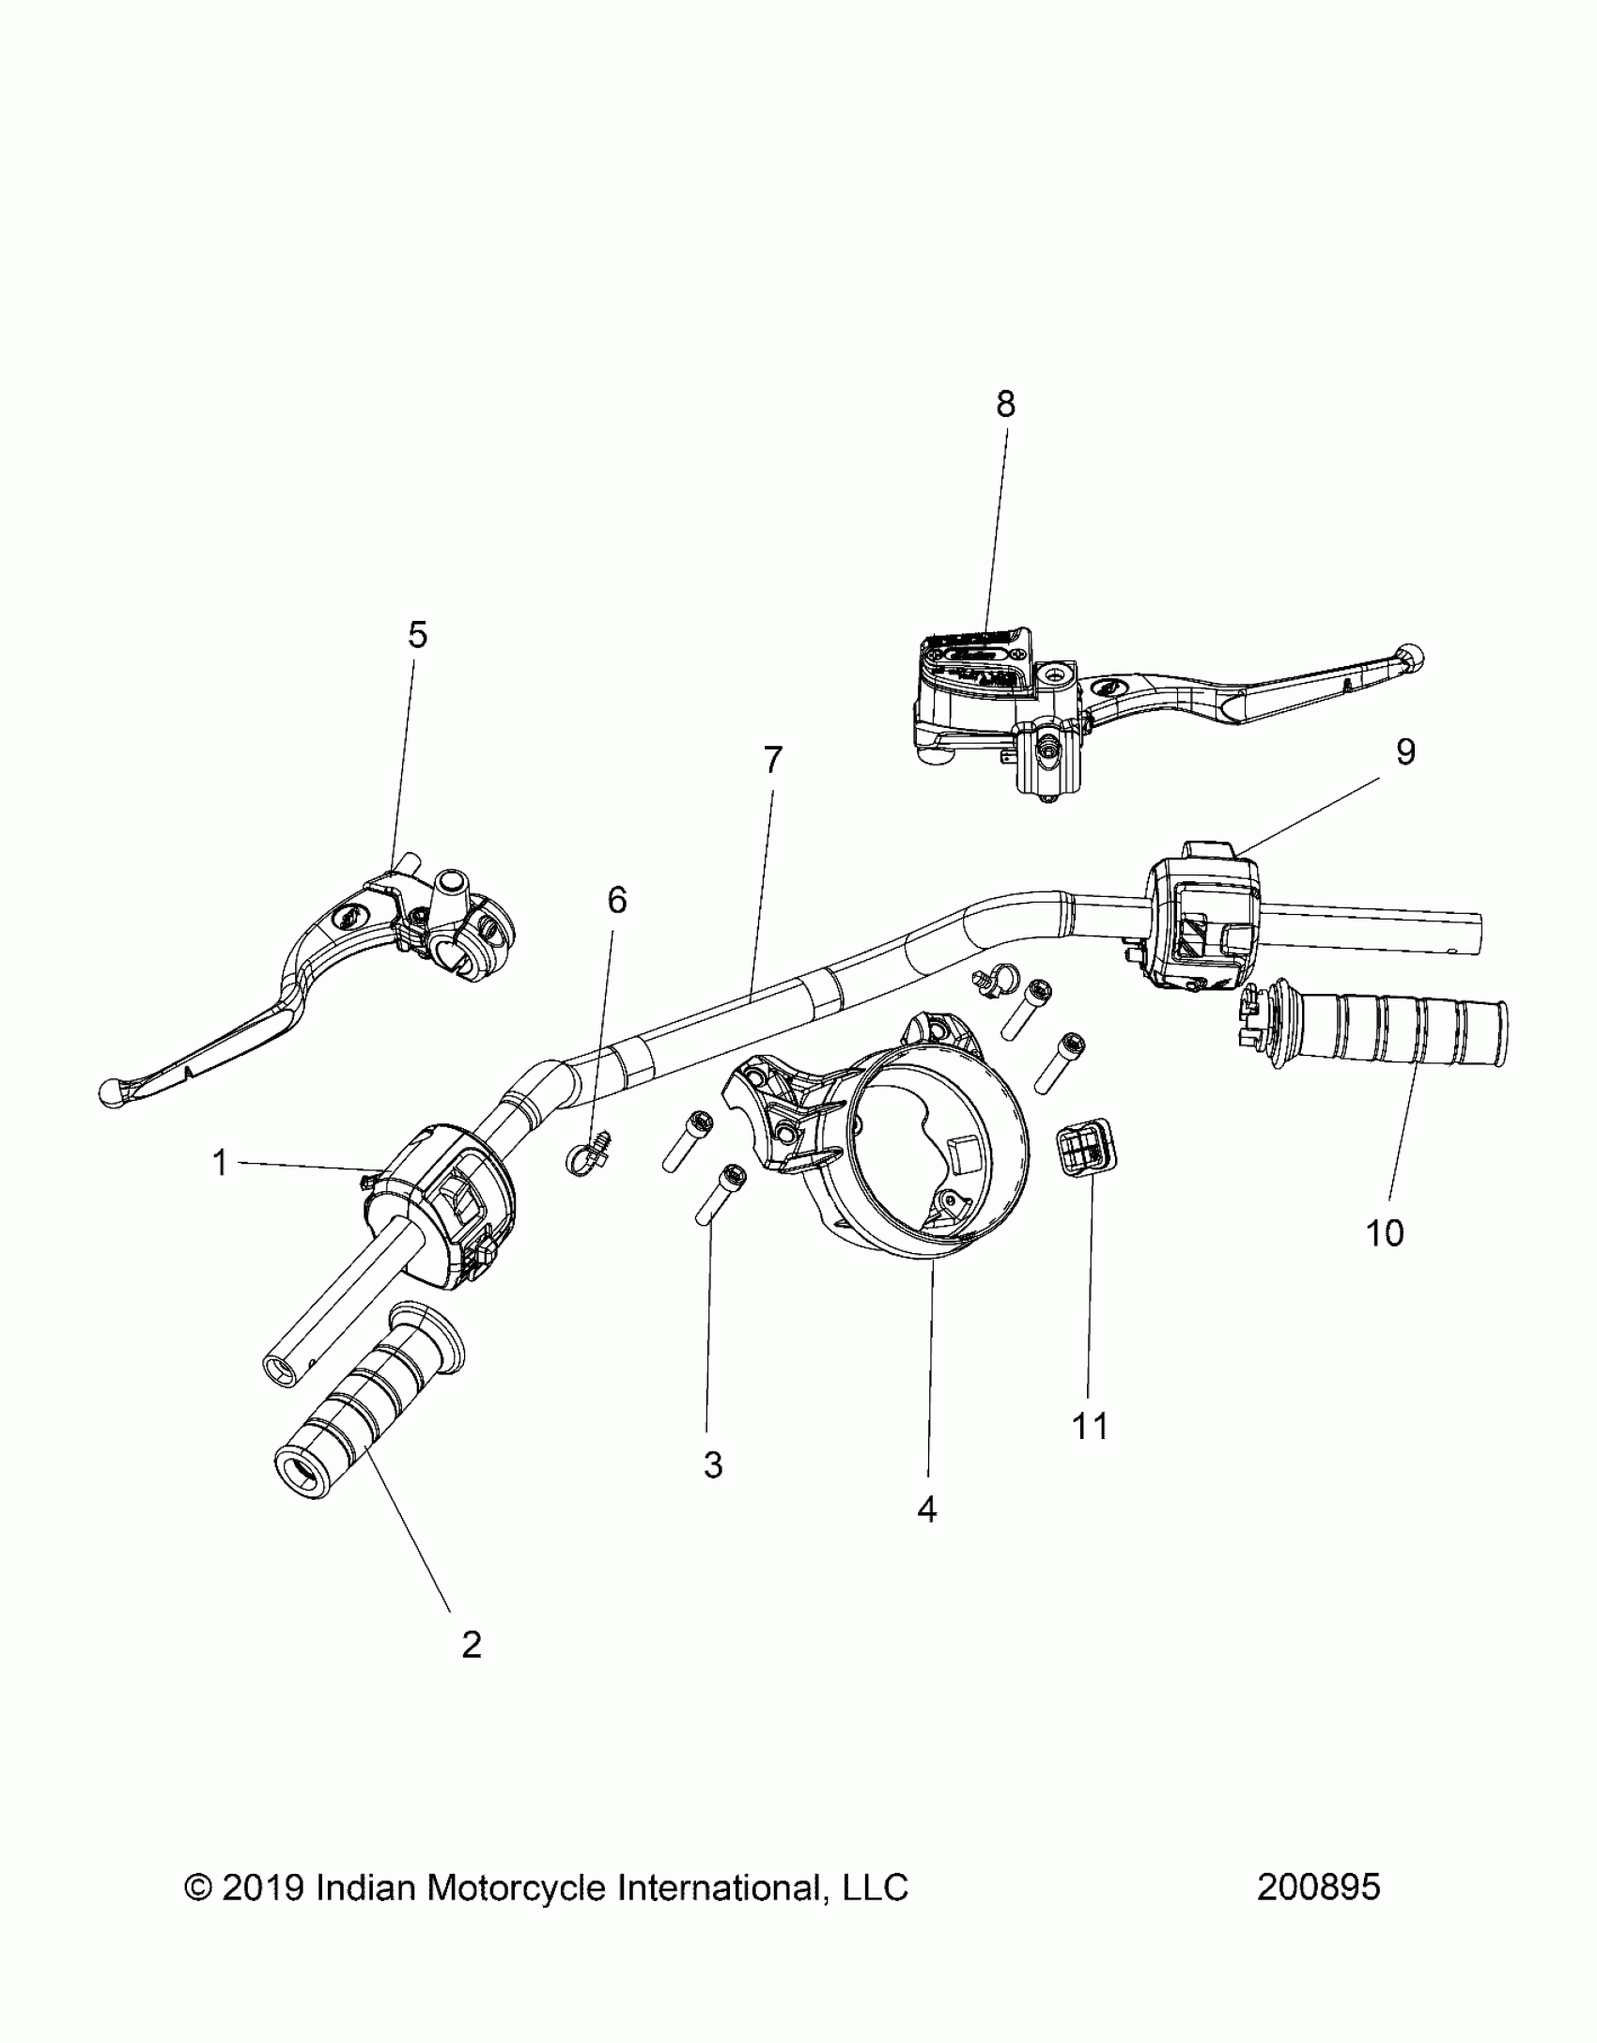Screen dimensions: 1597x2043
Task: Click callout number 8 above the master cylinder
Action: click(1005, 405)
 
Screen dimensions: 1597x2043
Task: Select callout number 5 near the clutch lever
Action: click(418, 636)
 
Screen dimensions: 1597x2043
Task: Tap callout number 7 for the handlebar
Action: click(772, 761)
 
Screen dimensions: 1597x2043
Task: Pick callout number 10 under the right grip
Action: click(1385, 1233)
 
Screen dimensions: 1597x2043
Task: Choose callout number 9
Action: click(1405, 752)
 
